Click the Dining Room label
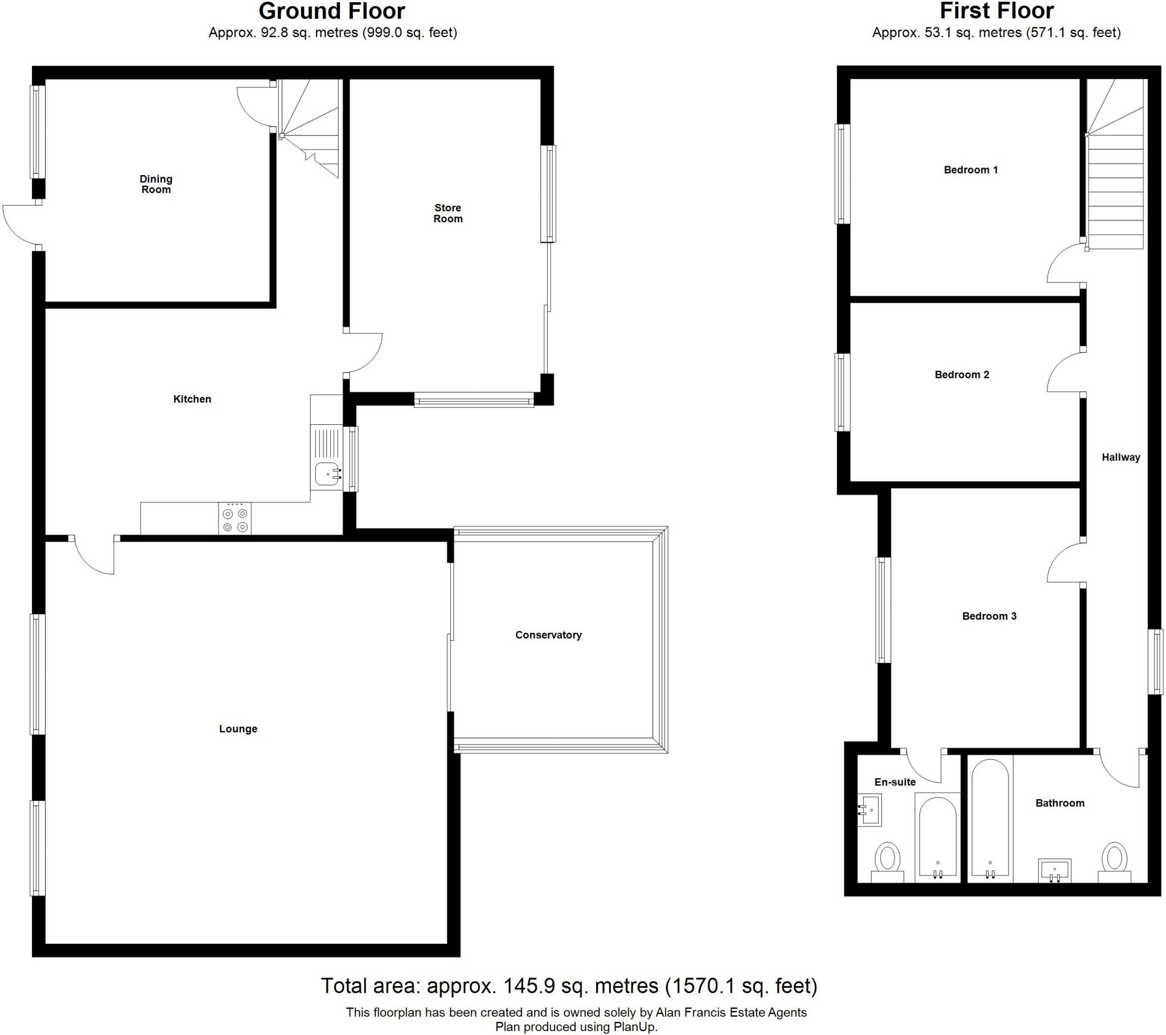156,185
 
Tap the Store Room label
448,213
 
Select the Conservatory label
548,635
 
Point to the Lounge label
238,729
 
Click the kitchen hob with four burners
235,518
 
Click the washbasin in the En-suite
870,809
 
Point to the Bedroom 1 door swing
1064,264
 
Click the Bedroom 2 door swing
1064,372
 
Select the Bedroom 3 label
989,616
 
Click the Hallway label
1120,457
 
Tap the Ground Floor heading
332,11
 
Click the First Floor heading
996,11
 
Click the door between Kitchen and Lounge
95,555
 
